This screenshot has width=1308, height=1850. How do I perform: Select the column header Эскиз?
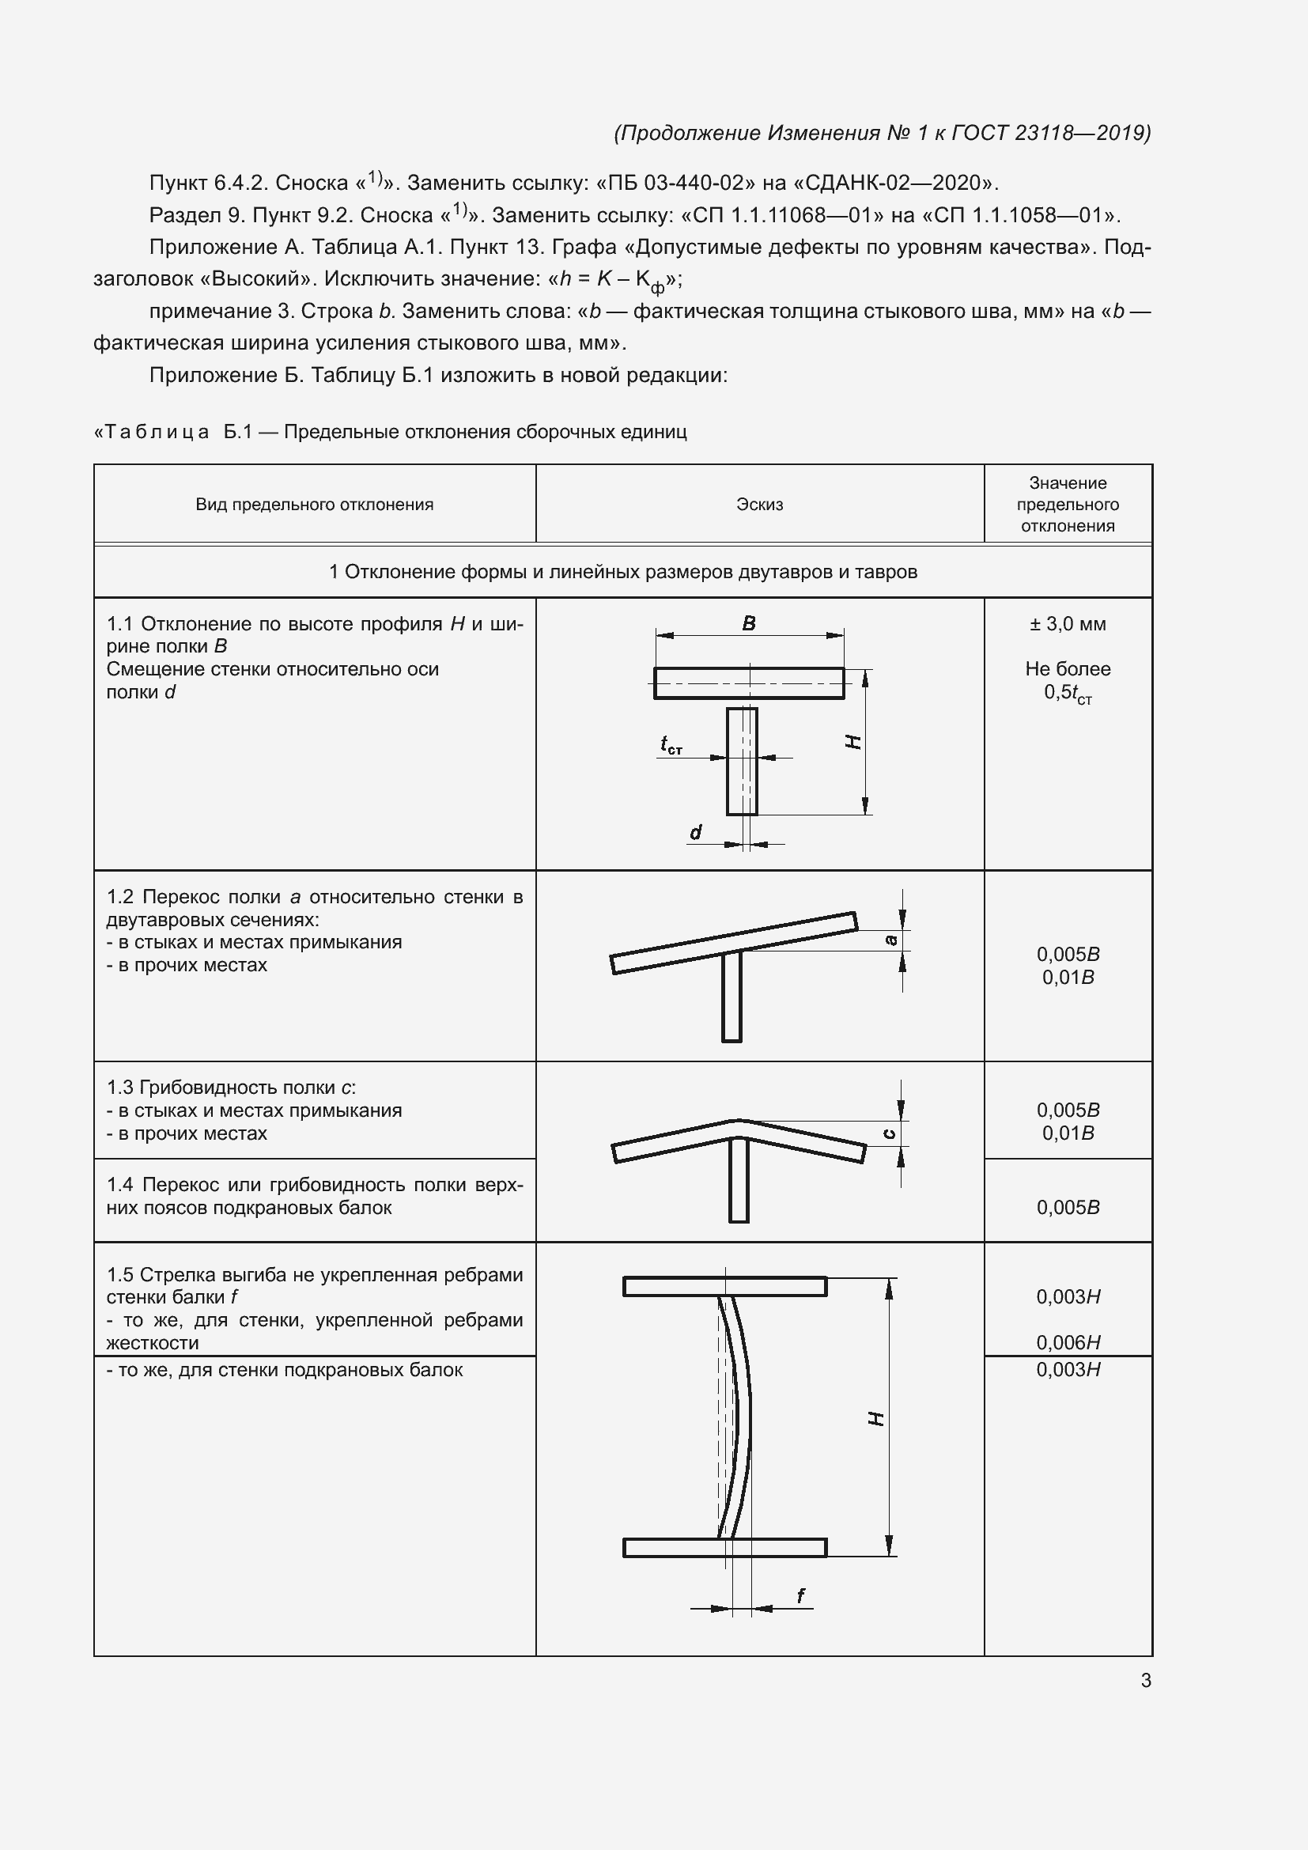point(758,505)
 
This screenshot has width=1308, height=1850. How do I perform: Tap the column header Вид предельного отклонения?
point(314,505)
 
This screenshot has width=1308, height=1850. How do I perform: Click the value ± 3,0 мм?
point(1067,623)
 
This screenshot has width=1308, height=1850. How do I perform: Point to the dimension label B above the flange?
point(748,622)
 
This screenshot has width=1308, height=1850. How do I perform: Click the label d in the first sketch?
point(696,831)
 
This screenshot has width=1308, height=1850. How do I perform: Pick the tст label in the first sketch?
point(671,745)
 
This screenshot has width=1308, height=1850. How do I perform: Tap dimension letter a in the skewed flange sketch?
point(890,940)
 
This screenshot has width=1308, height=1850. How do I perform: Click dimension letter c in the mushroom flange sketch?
point(889,1133)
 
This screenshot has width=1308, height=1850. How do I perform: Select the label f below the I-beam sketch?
point(800,1595)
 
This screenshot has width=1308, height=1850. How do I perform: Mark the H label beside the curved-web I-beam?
point(876,1418)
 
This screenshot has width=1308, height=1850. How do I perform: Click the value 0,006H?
point(1067,1342)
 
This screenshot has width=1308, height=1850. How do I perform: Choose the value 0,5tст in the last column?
point(1067,693)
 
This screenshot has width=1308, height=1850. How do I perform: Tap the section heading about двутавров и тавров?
point(622,572)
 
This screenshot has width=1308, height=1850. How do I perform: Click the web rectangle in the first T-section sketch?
point(741,762)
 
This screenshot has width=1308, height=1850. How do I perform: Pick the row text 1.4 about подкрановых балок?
point(314,1196)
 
